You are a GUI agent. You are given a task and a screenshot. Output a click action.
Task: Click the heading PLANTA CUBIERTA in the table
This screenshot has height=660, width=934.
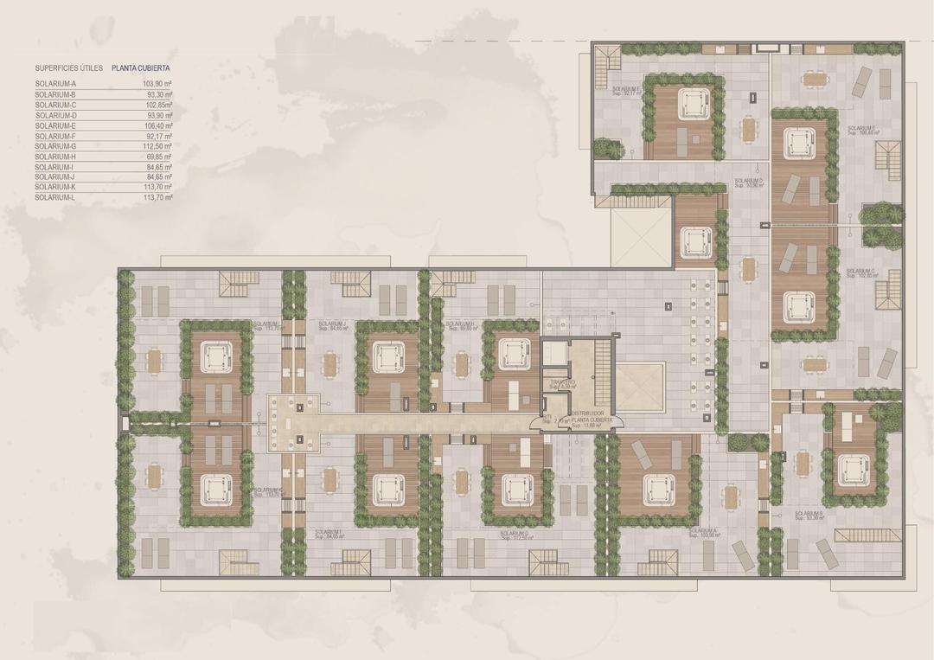pyautogui.click(x=140, y=67)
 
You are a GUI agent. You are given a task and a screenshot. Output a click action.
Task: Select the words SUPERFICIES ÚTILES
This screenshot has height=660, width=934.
pyautogui.click(x=69, y=67)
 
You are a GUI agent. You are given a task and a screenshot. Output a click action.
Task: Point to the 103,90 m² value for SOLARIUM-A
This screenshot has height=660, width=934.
pyautogui.click(x=157, y=84)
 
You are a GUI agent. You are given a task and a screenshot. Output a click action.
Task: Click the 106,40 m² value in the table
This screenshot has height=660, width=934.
pyautogui.click(x=157, y=125)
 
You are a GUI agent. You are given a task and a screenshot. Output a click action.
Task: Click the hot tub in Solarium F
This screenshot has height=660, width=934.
pyautogui.click(x=689, y=105)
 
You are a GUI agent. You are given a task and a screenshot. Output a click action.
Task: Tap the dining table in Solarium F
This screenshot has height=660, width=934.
pyautogui.click(x=748, y=130)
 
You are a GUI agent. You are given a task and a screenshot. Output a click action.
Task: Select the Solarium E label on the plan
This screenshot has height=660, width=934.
pyautogui.click(x=861, y=130)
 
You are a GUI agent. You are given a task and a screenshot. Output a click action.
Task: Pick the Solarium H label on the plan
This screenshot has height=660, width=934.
pyautogui.click(x=461, y=326)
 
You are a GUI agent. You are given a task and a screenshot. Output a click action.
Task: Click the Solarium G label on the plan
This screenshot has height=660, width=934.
pyautogui.click(x=515, y=535)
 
